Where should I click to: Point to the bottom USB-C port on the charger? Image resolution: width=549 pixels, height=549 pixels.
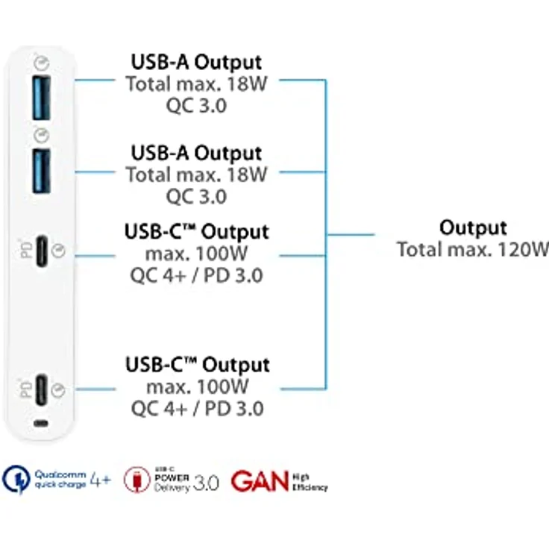42,389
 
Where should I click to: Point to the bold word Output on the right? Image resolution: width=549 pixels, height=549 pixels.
473,228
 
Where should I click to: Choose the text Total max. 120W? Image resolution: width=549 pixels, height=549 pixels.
472,249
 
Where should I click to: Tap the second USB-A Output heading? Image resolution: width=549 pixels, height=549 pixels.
197,153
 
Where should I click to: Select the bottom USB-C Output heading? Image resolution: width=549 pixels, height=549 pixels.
197,366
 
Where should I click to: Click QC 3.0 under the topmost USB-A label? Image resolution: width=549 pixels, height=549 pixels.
197,105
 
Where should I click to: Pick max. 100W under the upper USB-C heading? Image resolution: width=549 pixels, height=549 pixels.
197,254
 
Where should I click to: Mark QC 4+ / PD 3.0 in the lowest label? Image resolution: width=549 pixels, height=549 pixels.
197,409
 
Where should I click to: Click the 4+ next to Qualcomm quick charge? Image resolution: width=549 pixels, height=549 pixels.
100,479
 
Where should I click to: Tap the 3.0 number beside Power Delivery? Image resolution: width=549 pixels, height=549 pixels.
206,483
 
